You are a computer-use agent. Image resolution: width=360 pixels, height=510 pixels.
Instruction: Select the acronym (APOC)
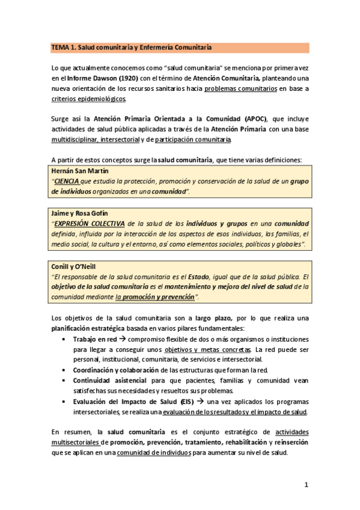(257, 119)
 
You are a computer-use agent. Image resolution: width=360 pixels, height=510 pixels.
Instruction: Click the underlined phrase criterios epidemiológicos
(88, 99)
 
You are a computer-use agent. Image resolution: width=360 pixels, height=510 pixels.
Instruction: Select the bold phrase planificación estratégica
(87, 328)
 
